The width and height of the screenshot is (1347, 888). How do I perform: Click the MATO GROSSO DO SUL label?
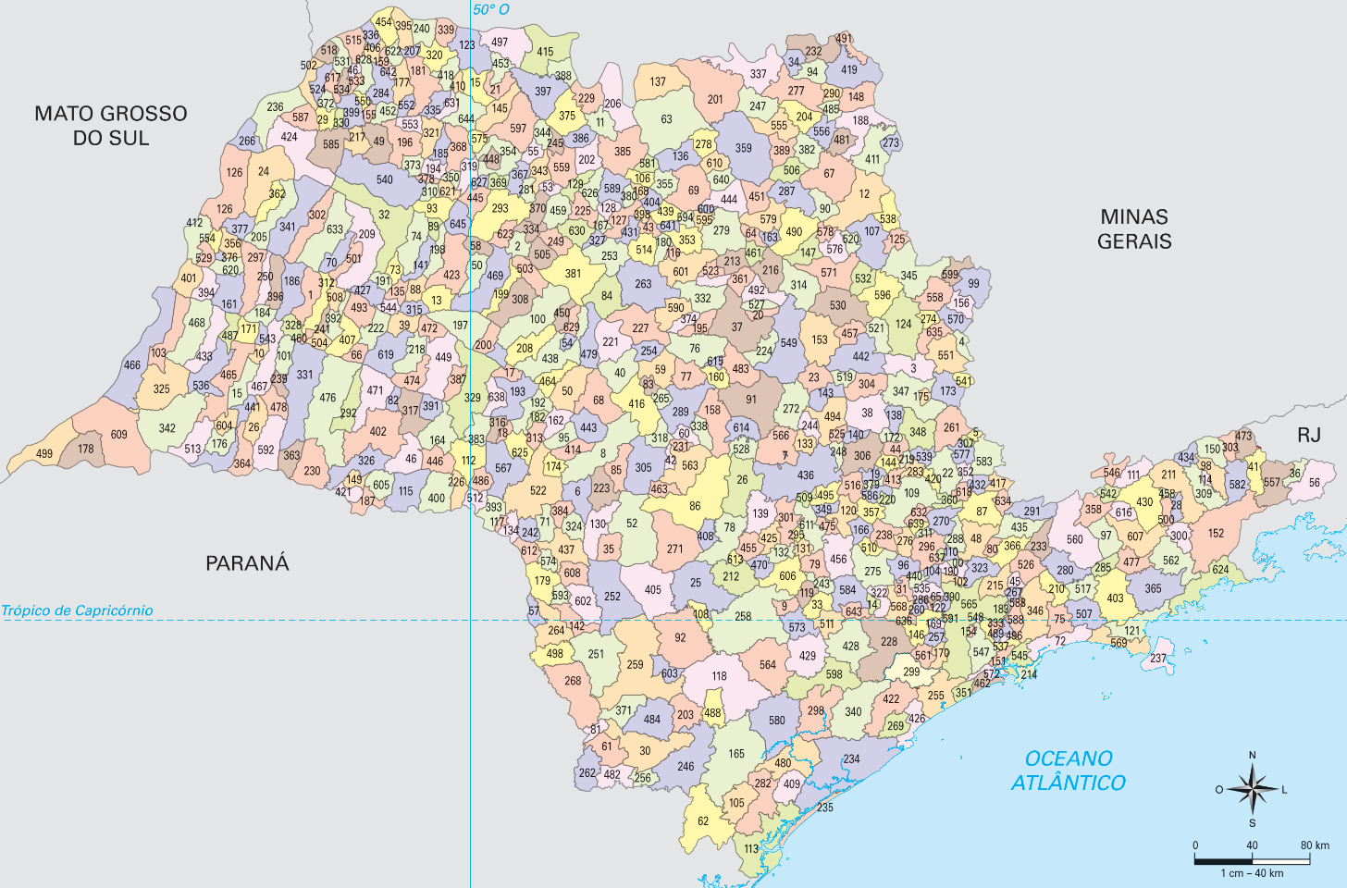pos(111,126)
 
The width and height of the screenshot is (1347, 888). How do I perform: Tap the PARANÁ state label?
pos(247,563)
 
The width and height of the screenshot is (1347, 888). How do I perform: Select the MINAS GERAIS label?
pos(1134,229)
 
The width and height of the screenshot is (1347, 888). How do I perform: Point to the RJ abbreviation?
pos(1308,436)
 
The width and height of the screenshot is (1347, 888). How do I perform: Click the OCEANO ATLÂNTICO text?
pos(1069,771)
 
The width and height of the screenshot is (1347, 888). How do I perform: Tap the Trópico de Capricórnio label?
pos(77,610)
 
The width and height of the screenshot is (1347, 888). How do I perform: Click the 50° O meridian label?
pos(491,10)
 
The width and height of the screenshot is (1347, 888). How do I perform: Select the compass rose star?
pos(1252,789)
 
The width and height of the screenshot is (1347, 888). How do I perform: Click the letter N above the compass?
pos(1253,756)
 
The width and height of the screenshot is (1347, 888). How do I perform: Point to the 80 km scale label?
pos(1315,845)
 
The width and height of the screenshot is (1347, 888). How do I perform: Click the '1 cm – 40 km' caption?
pos(1252,873)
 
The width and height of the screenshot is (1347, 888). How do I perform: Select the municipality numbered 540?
pos(385,180)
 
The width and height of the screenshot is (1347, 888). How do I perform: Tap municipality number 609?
pos(118,435)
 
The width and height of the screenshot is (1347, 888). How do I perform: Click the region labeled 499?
pos(44,454)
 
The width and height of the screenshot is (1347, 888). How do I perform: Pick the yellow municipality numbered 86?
pos(695,506)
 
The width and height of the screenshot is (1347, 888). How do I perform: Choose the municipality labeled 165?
pos(736,754)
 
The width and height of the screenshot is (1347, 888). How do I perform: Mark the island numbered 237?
pos(1158,660)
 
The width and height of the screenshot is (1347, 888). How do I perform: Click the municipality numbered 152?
pos(1216,534)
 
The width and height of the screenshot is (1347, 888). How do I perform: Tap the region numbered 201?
pos(715,100)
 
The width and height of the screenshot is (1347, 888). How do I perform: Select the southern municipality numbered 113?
pos(751,849)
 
